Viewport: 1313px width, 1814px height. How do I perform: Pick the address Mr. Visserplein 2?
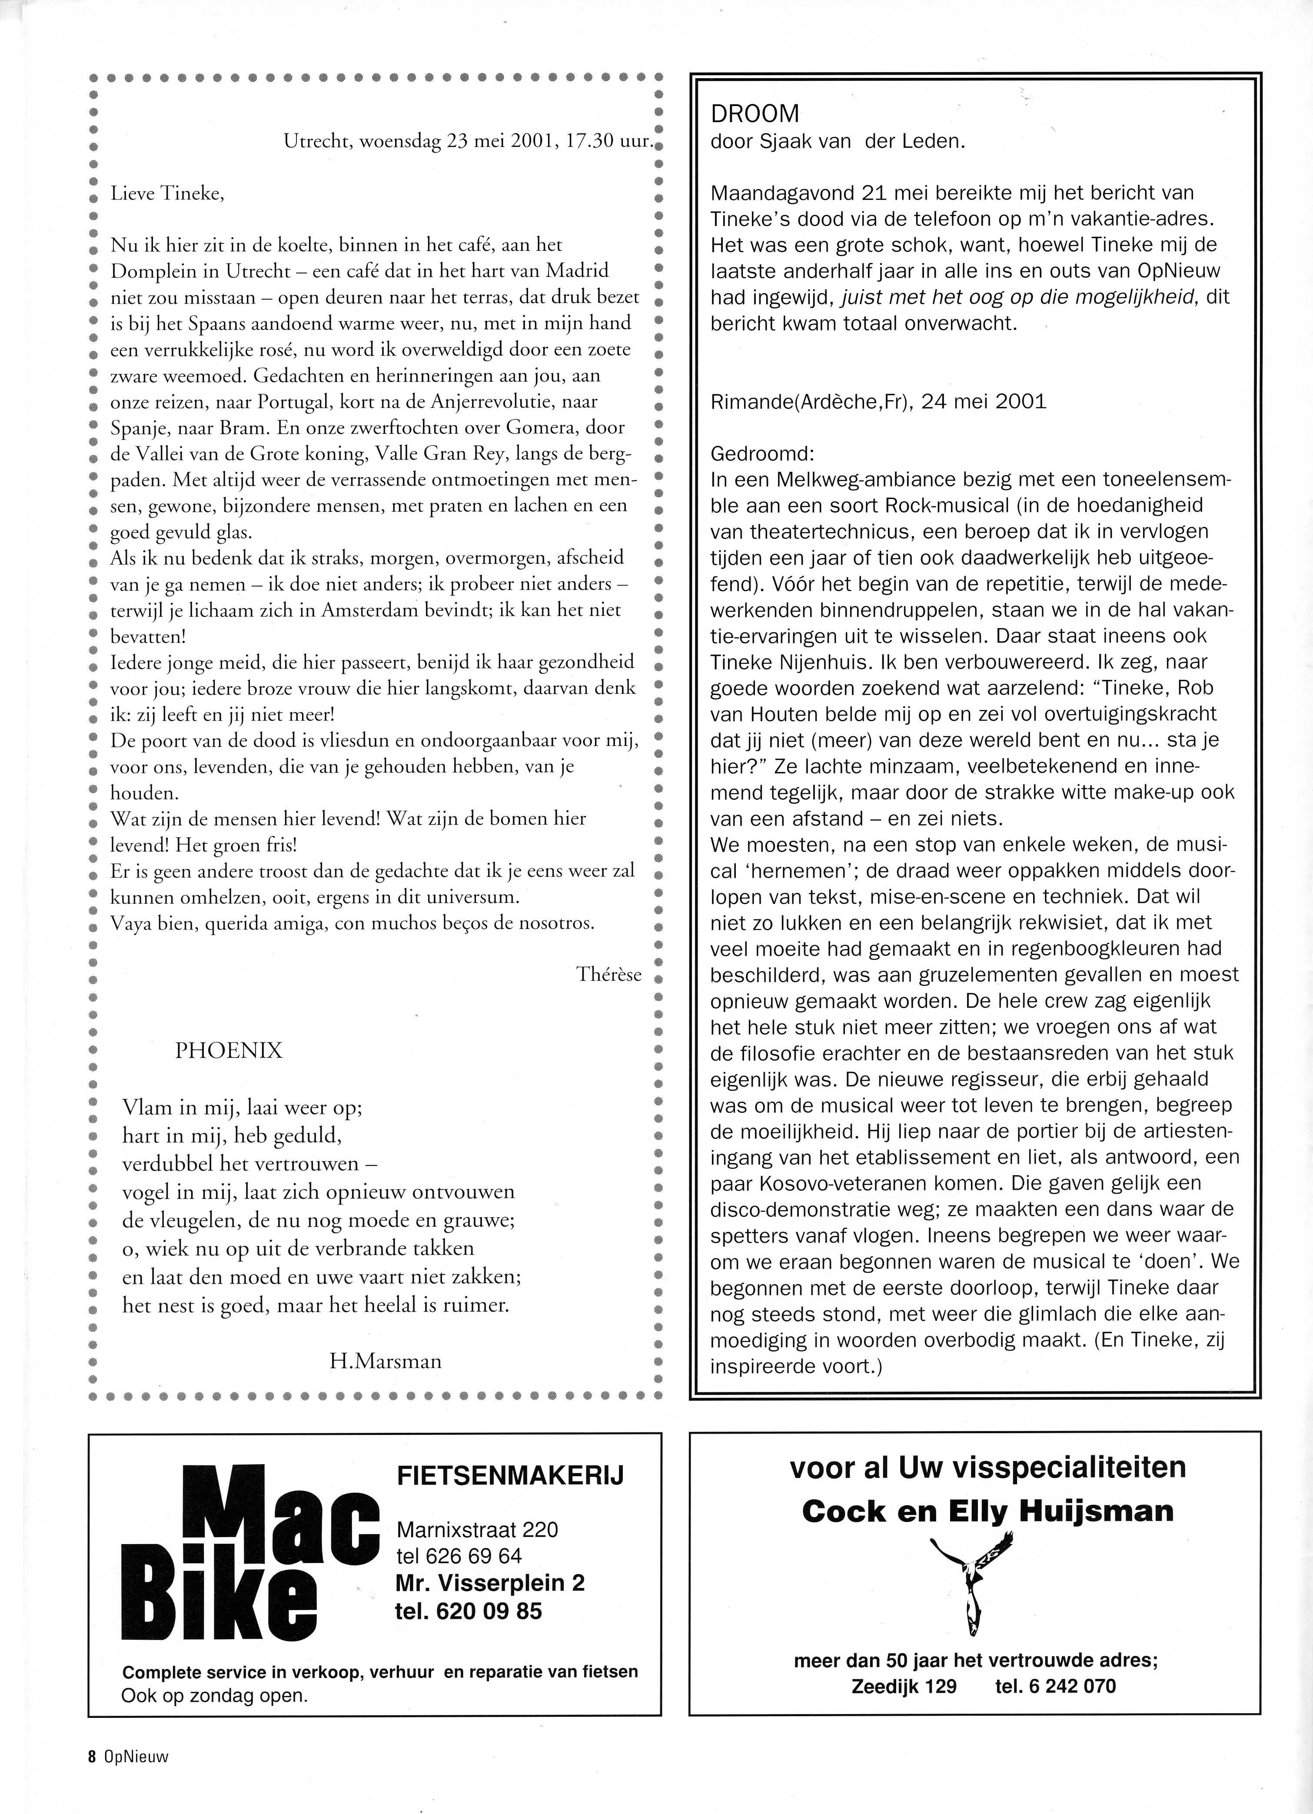(x=490, y=1583)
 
